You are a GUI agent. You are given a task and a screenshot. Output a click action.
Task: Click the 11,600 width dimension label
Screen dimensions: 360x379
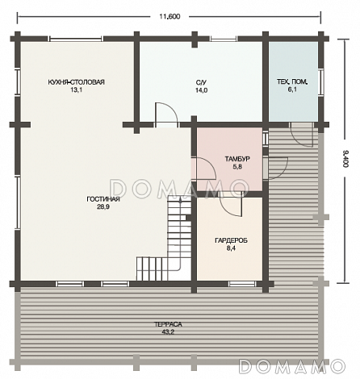point(170,16)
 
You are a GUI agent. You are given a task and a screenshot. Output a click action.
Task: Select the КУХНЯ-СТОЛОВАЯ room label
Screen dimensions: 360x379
point(77,82)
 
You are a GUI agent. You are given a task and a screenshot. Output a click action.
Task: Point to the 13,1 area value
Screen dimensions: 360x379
point(76,90)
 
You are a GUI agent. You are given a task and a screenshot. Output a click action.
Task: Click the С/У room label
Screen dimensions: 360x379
point(201,82)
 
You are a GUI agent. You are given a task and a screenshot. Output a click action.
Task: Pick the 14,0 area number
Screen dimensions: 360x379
point(201,90)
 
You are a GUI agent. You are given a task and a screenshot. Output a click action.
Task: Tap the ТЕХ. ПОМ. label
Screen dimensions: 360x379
point(292,81)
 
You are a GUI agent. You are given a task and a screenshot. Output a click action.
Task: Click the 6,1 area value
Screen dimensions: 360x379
point(292,90)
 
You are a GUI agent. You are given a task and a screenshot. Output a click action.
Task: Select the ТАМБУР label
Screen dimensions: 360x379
point(237,159)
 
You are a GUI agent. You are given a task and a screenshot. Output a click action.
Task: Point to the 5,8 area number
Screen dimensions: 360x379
point(237,167)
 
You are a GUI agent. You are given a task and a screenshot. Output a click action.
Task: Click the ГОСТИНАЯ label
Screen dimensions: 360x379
point(103,199)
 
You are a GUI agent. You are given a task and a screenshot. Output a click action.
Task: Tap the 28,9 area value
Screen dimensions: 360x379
point(103,207)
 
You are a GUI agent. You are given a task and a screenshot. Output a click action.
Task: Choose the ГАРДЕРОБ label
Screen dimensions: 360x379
point(231,240)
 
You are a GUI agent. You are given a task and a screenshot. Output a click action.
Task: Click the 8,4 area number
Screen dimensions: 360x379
point(231,248)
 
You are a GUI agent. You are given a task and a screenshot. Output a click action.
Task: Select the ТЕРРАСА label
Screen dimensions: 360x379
point(168,324)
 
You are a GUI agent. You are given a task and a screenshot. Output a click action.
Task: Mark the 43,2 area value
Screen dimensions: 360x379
point(168,332)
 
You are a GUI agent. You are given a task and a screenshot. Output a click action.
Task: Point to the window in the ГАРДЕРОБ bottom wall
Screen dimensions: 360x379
point(242,284)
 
